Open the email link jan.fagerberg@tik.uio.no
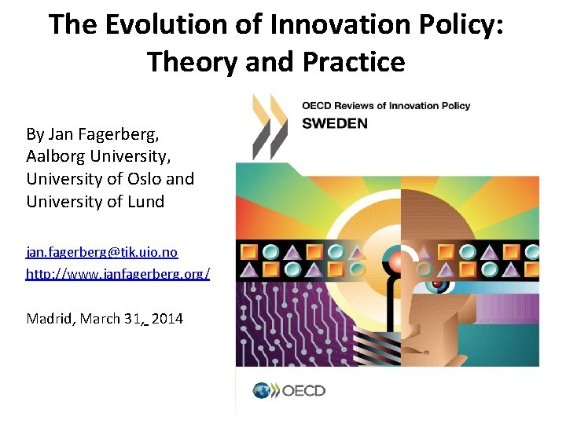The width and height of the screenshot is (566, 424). [102, 252]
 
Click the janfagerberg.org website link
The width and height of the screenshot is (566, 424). [118, 275]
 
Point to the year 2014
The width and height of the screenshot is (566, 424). [167, 319]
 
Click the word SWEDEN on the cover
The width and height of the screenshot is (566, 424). [335, 123]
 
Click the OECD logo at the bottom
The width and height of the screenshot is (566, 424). [289, 390]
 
